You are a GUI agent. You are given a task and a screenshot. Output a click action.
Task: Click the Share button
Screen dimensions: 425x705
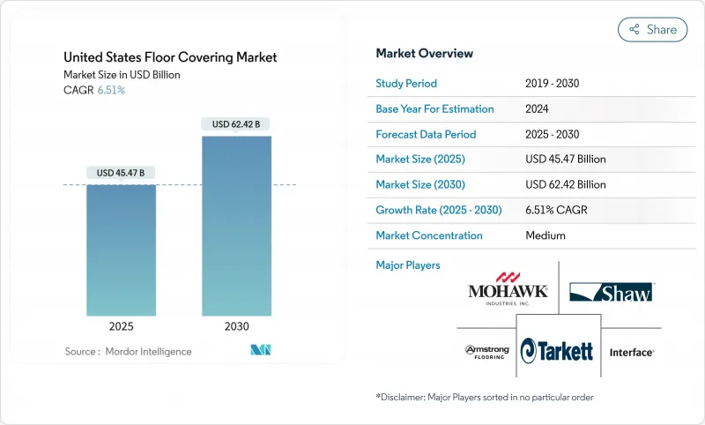(652, 29)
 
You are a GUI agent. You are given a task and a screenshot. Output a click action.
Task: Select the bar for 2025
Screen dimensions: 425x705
(121, 252)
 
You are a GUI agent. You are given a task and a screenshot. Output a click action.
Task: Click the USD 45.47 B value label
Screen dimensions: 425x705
(121, 172)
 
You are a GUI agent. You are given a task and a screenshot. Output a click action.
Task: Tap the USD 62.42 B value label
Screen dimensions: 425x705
(236, 124)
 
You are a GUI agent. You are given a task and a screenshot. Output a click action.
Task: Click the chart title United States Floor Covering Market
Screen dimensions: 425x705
(170, 57)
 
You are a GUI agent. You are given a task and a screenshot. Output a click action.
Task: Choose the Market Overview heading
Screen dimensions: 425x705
(424, 54)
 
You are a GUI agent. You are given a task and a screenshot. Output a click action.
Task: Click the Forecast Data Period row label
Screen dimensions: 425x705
(426, 134)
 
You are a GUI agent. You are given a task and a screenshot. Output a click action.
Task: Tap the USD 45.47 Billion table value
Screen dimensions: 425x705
(565, 160)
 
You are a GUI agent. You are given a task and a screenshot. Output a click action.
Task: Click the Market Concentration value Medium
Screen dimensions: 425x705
(545, 235)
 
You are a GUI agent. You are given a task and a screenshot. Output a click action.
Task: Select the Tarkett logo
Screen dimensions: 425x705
(558, 351)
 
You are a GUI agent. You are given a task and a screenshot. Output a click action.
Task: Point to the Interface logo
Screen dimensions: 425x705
(631, 352)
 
